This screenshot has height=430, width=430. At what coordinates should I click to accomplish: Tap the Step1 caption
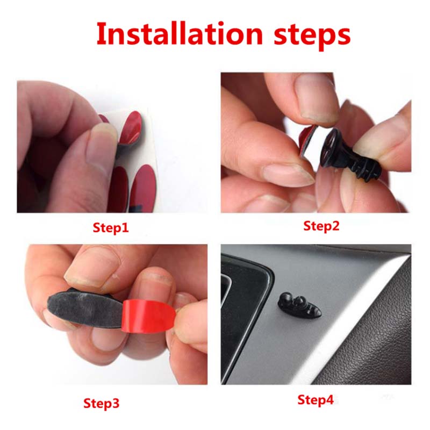click(x=111, y=227)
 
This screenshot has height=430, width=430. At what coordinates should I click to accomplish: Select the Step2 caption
click(x=321, y=226)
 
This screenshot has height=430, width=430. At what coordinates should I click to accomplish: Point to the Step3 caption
click(x=102, y=403)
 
